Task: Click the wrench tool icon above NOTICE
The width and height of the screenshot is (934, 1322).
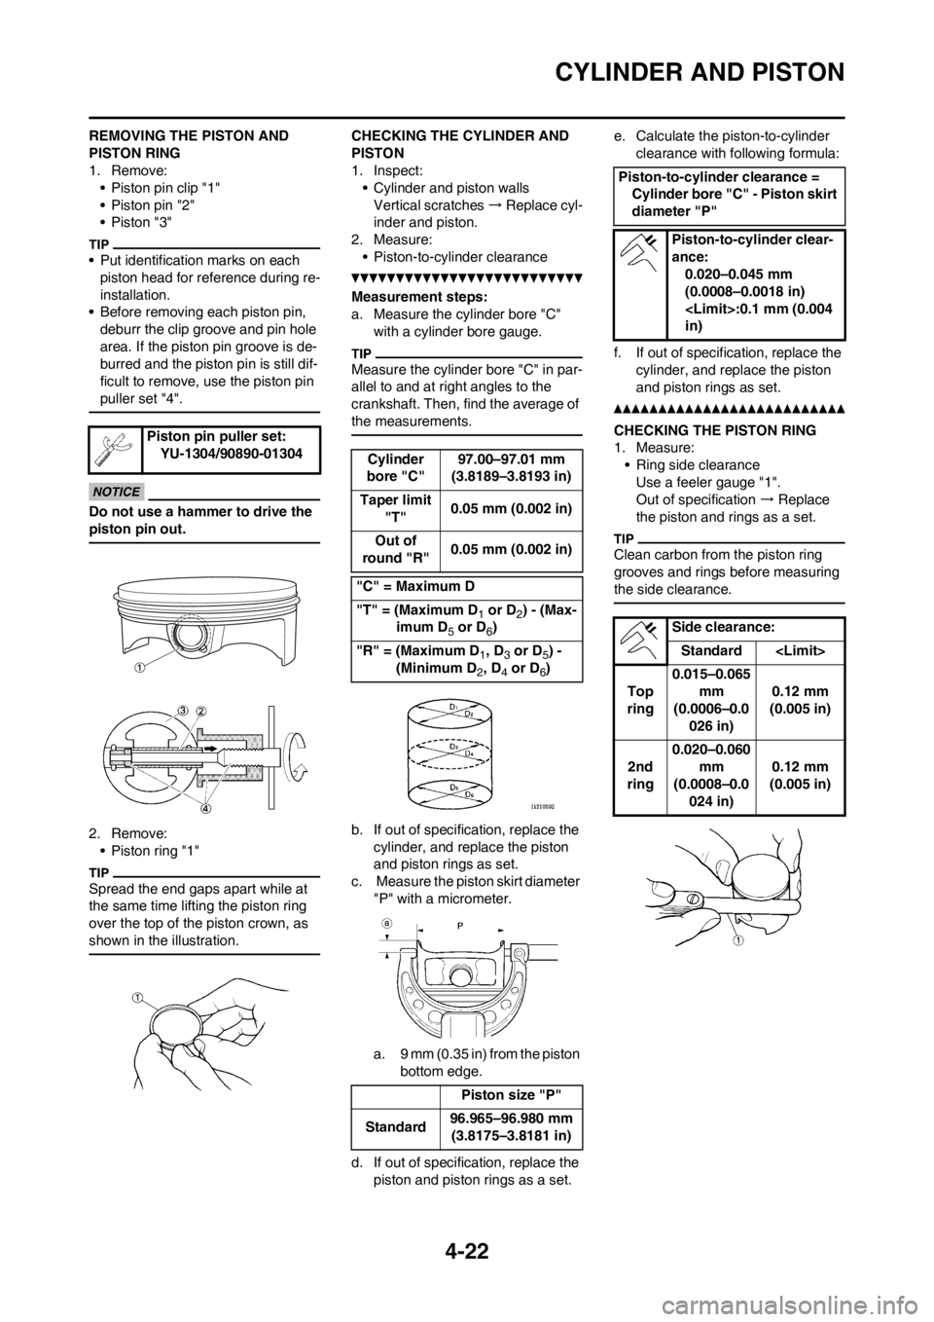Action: [114, 450]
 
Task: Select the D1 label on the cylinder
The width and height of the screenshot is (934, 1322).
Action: [454, 704]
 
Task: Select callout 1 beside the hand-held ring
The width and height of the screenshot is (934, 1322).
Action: [138, 997]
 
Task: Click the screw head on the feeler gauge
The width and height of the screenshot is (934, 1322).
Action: [694, 898]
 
